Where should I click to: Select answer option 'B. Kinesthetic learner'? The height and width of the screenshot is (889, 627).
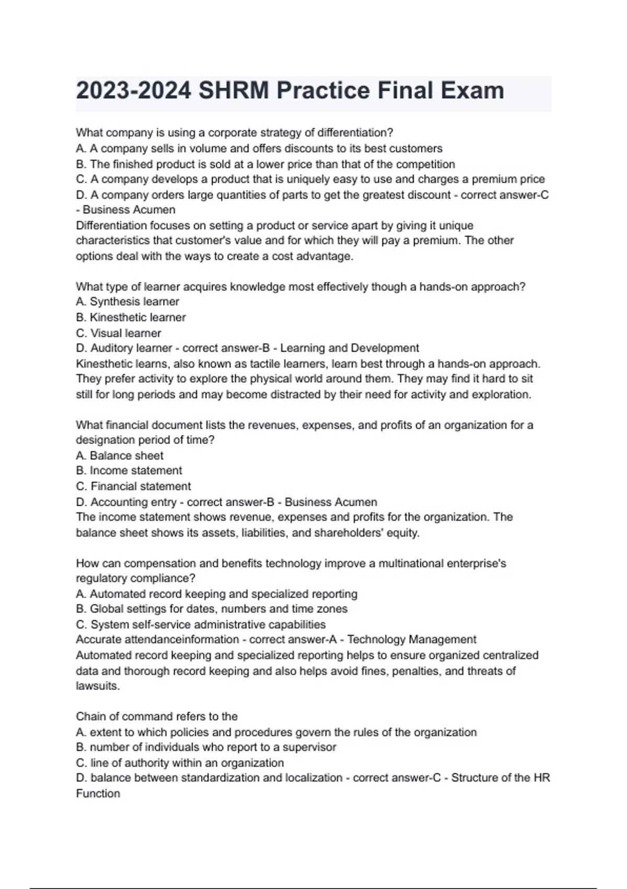coord(131,317)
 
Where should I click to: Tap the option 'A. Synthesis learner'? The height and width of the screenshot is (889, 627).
coord(127,302)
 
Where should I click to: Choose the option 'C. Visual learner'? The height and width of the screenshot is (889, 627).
coord(119,333)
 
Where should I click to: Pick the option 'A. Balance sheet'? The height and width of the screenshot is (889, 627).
coord(120,455)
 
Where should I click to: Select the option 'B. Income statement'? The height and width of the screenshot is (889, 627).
coord(129,471)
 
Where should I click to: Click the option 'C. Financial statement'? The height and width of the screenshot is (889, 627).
coord(133,486)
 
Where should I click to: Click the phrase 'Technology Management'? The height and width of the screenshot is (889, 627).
coord(412,640)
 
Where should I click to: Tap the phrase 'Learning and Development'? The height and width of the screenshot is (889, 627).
coord(350,348)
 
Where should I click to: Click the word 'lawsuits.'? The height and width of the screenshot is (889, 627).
coord(98,686)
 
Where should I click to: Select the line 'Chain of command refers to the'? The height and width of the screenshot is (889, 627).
coord(157,716)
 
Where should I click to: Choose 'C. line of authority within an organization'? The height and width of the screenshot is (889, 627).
coord(180,763)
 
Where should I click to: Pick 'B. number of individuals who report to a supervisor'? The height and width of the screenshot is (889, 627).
coord(206,747)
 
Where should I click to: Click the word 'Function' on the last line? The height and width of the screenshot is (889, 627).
coord(98,794)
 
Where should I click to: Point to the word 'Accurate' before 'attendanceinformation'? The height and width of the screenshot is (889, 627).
coord(98,640)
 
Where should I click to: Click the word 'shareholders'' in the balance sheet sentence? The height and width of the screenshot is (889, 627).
coord(344,533)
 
